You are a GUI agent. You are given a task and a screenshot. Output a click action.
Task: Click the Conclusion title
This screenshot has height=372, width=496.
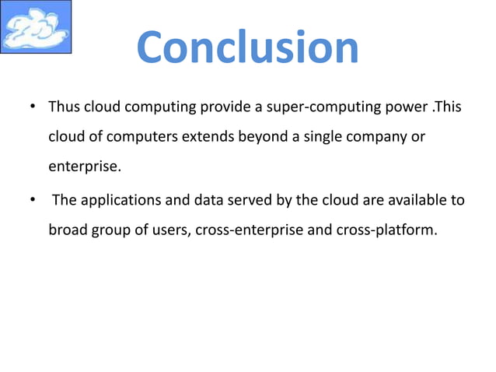tap(247, 47)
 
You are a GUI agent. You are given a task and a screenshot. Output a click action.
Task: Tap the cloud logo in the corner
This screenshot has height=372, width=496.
tap(36, 27)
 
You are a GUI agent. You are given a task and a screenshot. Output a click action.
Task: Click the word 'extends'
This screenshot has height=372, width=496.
tap(208, 137)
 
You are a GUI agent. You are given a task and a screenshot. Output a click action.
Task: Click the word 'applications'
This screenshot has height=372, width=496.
tap(118, 201)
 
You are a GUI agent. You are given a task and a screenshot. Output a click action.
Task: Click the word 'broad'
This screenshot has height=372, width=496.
tap(68, 231)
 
